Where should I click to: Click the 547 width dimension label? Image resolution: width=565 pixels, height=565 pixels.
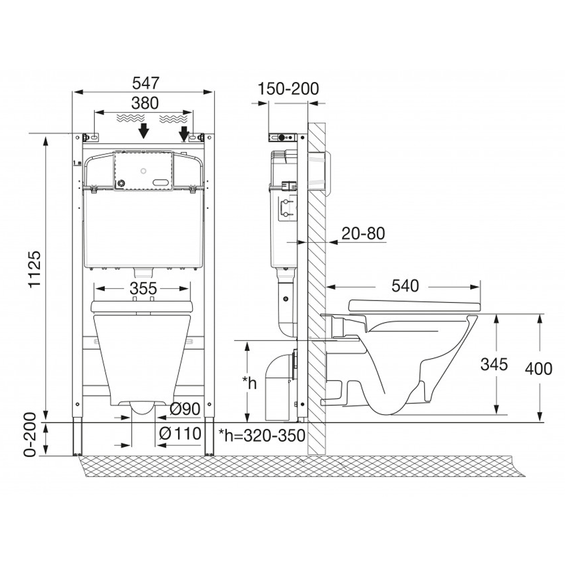tap(146, 83)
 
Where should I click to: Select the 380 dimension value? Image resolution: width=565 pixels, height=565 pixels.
tap(145, 103)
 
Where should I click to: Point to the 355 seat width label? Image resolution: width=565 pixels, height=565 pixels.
tap(144, 288)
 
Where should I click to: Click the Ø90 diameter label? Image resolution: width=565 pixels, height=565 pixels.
tap(185, 408)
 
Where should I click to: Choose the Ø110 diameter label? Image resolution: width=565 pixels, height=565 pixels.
tap(180, 433)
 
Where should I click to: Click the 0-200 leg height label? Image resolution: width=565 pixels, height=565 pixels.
tap(31, 434)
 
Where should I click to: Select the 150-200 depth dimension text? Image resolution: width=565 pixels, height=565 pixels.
tap(288, 89)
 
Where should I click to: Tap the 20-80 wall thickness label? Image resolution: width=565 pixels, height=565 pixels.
tap(363, 233)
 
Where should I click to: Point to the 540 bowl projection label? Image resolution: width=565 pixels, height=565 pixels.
tap(405, 286)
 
